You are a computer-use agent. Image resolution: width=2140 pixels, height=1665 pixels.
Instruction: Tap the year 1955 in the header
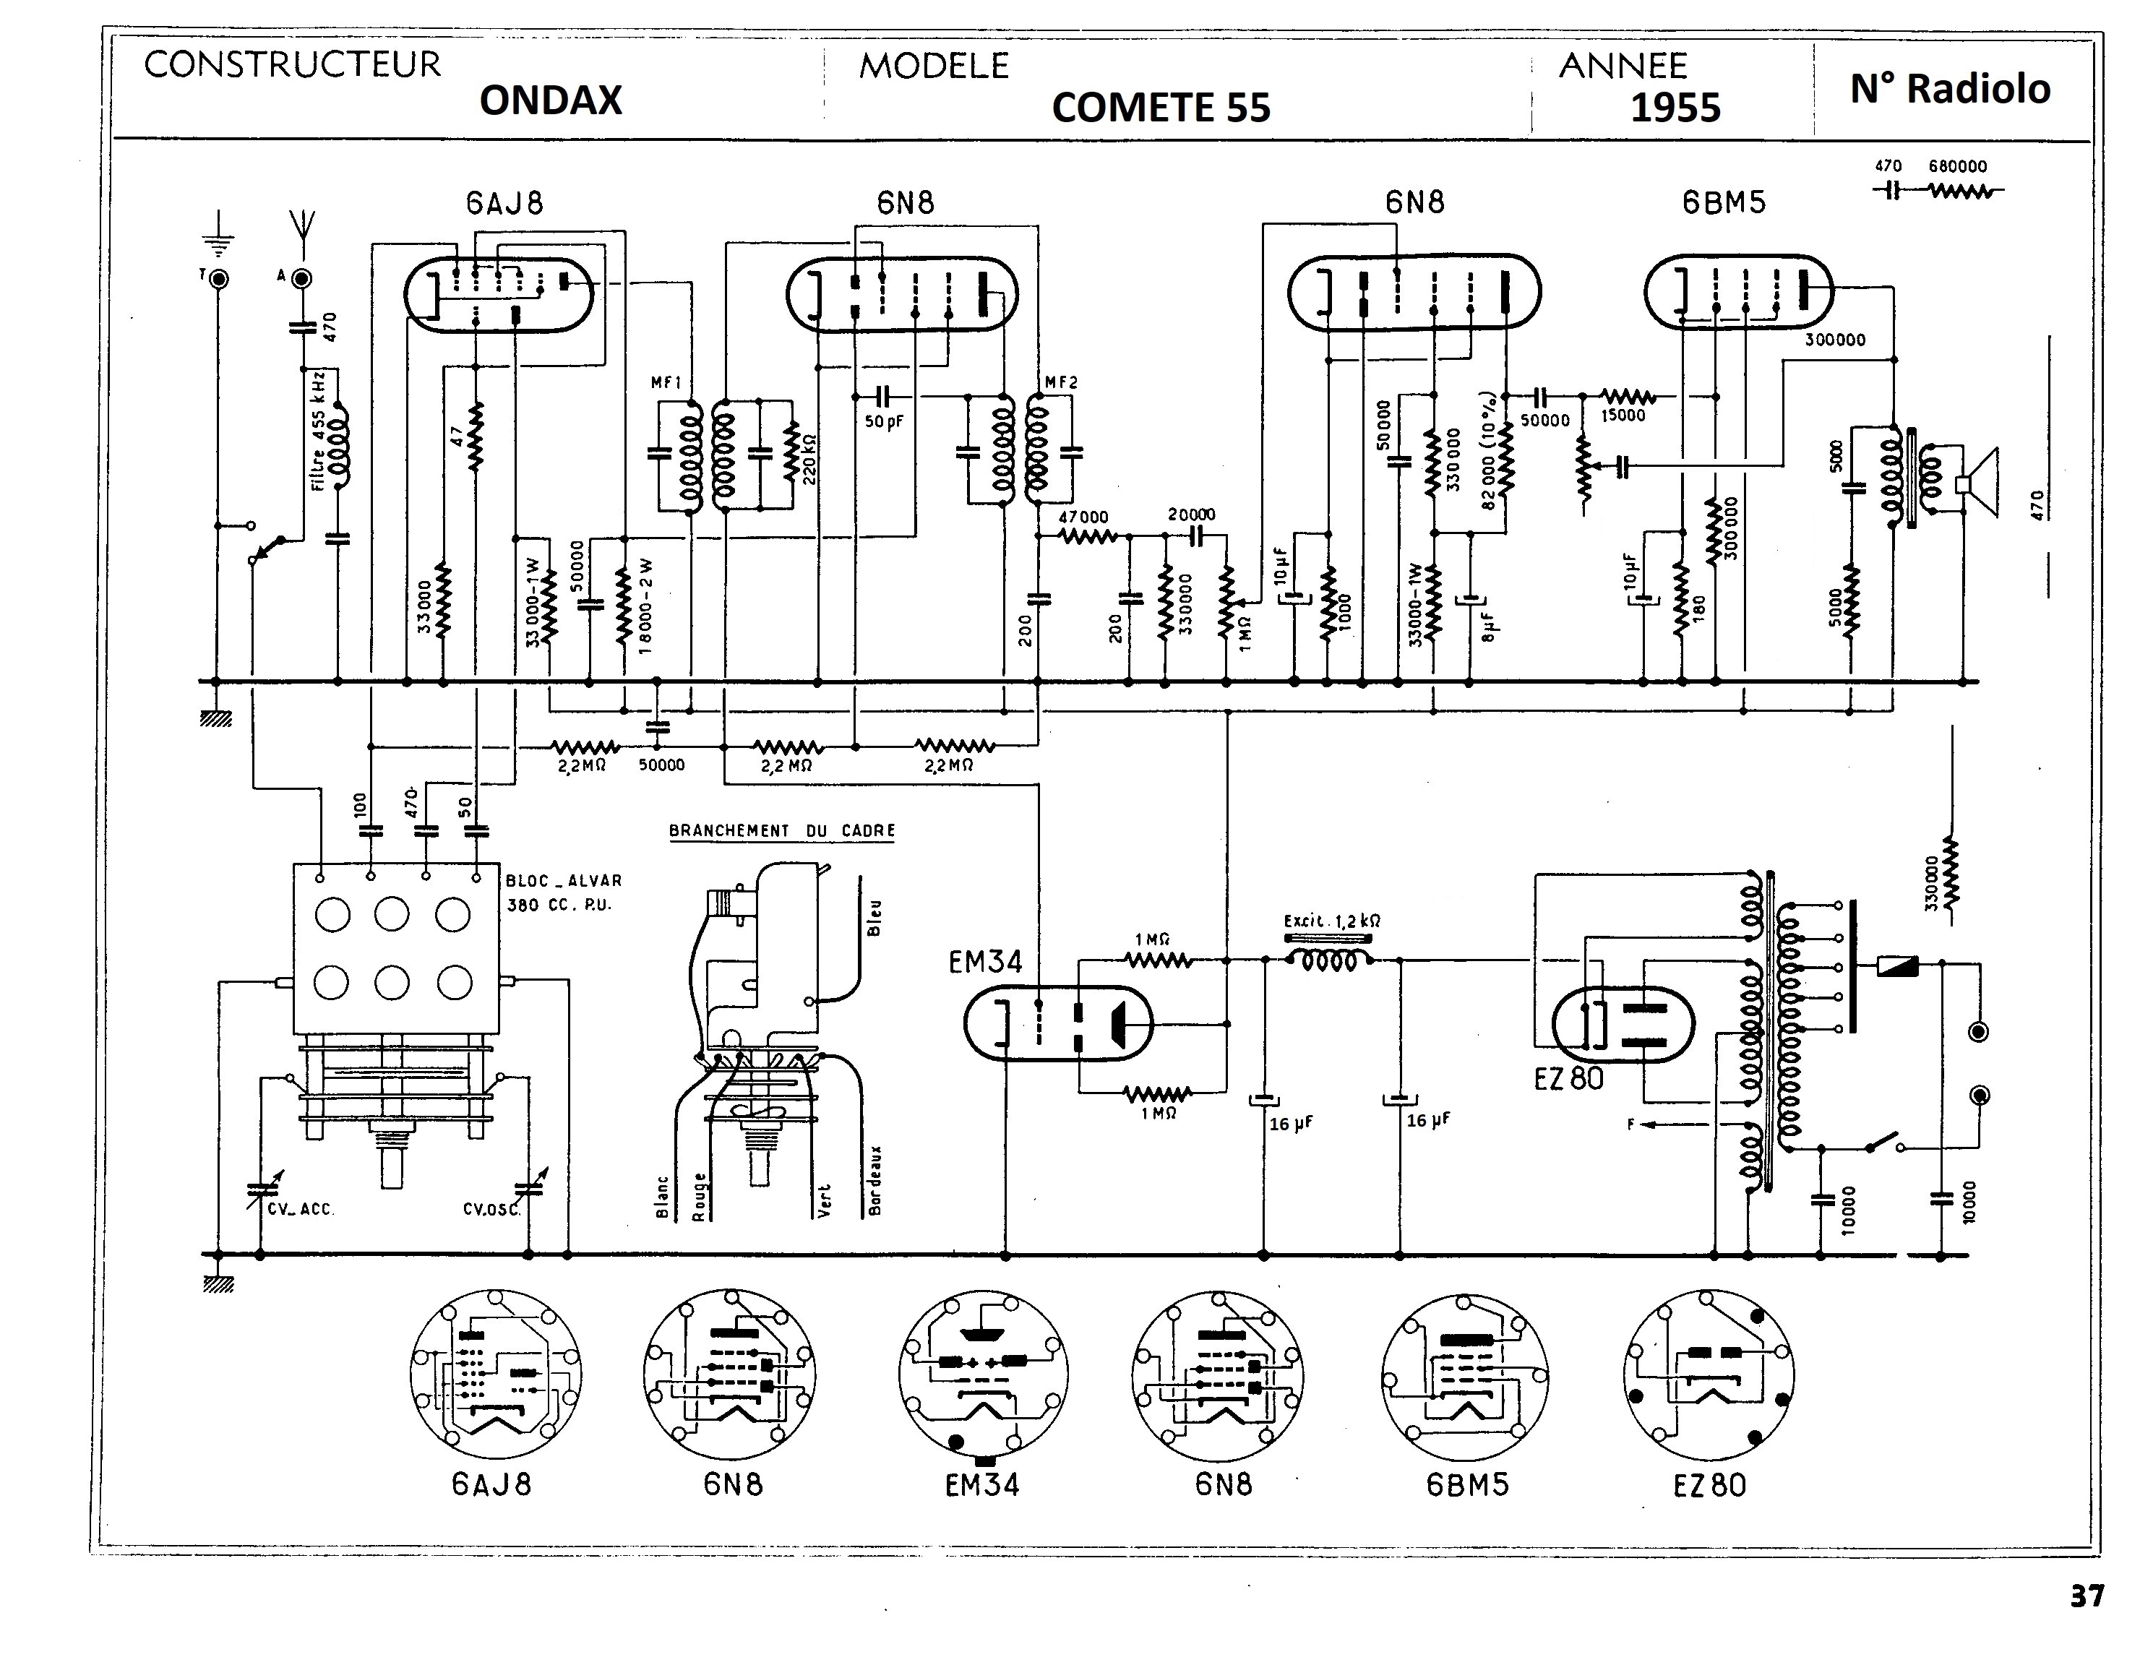pos(1675,108)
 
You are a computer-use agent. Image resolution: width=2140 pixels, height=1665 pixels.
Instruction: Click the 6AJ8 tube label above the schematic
pos(504,203)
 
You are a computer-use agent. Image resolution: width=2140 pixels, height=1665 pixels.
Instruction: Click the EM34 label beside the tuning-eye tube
pos(985,963)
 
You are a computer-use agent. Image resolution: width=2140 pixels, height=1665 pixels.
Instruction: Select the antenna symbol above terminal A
pos(303,225)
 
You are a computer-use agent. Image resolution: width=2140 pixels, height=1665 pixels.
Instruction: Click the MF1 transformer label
pos(666,383)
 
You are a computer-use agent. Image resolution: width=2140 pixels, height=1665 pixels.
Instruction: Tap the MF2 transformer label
pos(1060,382)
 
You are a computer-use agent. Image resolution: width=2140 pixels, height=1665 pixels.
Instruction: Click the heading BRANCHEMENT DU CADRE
pos(782,831)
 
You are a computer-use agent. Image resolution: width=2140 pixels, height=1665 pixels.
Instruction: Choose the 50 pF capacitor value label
pos(884,422)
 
